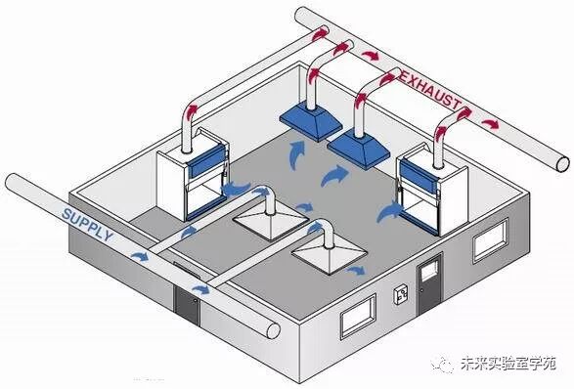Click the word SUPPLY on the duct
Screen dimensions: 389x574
coord(87,225)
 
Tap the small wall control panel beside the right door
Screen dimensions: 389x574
coord(400,293)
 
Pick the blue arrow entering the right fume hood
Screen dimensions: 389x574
coord(388,210)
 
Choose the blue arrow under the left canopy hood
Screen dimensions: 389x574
coord(295,151)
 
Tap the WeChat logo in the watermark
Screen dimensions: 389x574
coord(444,364)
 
